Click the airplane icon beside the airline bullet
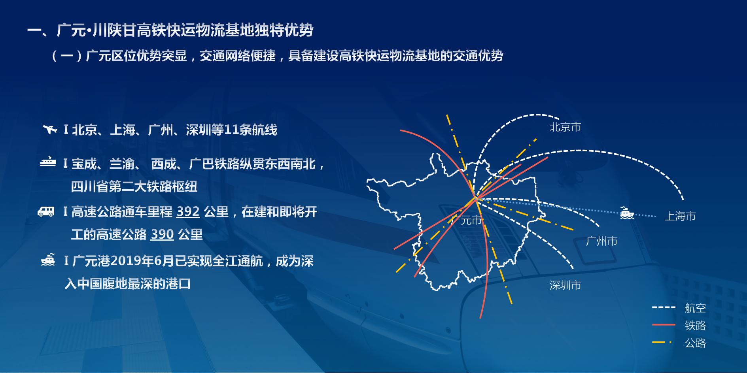50,129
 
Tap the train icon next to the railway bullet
48,162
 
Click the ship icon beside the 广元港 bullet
48,260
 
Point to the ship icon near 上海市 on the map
627,213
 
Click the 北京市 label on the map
565,127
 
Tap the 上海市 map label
680,216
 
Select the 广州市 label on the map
601,241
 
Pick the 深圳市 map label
565,285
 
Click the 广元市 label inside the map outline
467,220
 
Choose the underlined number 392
188,212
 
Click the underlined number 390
162,235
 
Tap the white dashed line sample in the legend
664,307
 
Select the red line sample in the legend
664,325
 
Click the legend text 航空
695,308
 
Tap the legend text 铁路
695,325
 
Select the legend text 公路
695,343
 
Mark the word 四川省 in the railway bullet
90,186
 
